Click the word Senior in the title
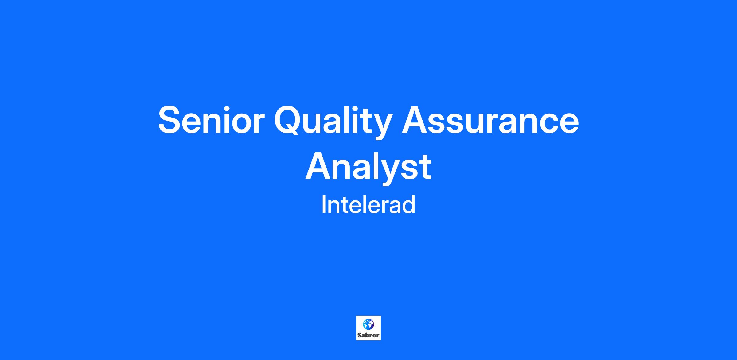pos(211,120)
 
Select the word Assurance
pos(490,120)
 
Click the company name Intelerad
pos(368,205)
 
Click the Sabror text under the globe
pos(368,335)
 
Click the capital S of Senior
pos(170,120)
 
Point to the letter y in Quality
pos(382,126)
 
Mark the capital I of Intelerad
pos(323,205)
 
